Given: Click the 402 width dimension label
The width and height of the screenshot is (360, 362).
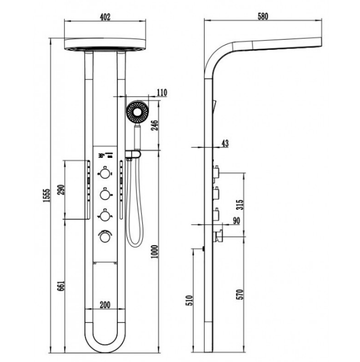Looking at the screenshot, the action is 105,17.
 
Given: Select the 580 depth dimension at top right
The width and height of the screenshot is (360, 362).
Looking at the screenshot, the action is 263,17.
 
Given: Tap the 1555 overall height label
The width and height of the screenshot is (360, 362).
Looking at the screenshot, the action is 47,196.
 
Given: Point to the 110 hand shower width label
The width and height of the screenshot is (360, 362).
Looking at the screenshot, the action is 162,93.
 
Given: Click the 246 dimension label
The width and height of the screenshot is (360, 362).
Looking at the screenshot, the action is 155,125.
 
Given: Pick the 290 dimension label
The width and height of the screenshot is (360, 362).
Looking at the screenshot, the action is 61,190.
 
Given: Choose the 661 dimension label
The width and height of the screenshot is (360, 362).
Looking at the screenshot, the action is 61,286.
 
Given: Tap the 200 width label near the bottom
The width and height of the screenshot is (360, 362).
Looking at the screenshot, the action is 105,305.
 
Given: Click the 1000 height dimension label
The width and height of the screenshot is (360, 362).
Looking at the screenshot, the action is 155,252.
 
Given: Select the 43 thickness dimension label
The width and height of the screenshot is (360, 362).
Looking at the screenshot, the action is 225,143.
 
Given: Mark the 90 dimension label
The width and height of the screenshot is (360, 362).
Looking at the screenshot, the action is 236,221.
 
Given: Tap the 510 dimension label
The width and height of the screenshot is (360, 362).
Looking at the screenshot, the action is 189,300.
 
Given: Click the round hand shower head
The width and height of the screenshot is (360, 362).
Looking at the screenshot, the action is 138,112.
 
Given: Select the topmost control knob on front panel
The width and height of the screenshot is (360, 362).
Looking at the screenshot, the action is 105,173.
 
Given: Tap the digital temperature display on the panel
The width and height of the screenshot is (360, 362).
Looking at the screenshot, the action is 105,155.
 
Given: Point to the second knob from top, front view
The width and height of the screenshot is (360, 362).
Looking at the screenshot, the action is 105,194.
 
